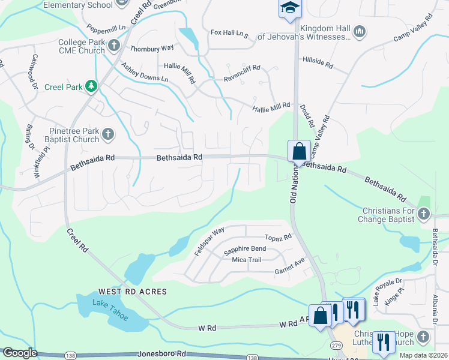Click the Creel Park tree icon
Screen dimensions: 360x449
(x=91, y=86)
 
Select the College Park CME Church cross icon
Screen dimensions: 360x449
(x=114, y=44)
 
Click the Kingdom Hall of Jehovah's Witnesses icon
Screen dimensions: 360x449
(x=360, y=31)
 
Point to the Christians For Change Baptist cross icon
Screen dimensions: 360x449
(x=424, y=213)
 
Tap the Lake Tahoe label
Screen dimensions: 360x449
(x=110, y=308)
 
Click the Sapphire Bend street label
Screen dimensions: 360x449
(x=244, y=248)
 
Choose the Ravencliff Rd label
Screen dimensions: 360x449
(x=242, y=77)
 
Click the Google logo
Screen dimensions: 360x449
(x=19, y=353)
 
